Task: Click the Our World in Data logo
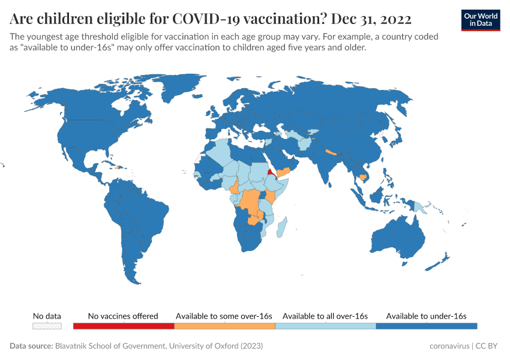click(x=480, y=20)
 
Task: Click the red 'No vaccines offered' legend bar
click(x=123, y=326)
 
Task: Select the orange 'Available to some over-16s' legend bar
click(x=224, y=326)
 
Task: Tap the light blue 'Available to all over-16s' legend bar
click(x=325, y=326)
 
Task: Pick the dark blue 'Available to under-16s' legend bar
click(x=426, y=326)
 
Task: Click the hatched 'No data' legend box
click(x=47, y=326)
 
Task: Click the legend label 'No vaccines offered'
click(x=123, y=316)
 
